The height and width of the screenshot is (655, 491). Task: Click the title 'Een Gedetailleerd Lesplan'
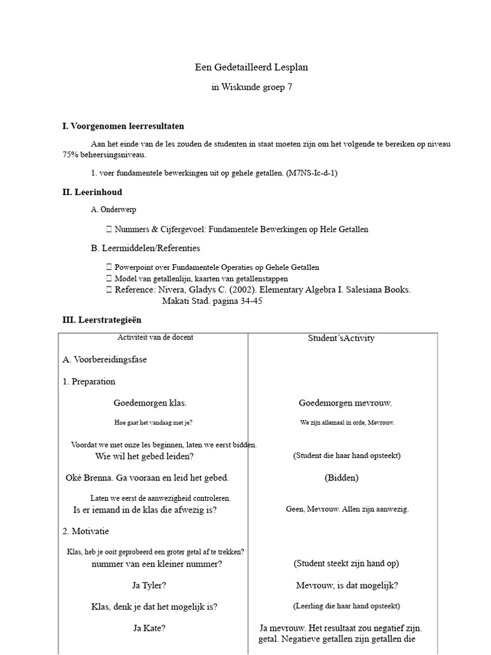click(245, 67)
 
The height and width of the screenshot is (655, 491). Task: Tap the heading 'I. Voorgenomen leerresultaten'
click(123, 126)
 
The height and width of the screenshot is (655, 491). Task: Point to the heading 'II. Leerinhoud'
click(92, 192)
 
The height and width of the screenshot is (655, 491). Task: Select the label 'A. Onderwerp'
click(114, 209)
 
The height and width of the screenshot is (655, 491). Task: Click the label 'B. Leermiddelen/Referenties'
click(146, 248)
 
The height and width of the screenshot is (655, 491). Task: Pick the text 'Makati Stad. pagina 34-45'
click(212, 301)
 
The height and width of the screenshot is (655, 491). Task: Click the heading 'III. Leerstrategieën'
click(102, 320)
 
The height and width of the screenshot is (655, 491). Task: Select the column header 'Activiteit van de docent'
click(155, 337)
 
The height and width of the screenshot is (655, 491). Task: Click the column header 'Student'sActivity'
click(341, 338)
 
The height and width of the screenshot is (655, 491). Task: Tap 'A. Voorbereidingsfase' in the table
click(104, 359)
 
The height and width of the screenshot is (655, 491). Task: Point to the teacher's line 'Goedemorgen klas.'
click(150, 403)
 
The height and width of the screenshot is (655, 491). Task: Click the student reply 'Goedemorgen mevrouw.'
click(345, 403)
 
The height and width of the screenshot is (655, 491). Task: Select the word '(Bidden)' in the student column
click(341, 478)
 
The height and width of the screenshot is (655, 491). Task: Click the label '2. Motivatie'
click(86, 531)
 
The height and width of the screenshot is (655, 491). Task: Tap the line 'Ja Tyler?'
click(149, 585)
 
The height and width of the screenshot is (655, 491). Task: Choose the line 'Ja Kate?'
click(149, 628)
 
